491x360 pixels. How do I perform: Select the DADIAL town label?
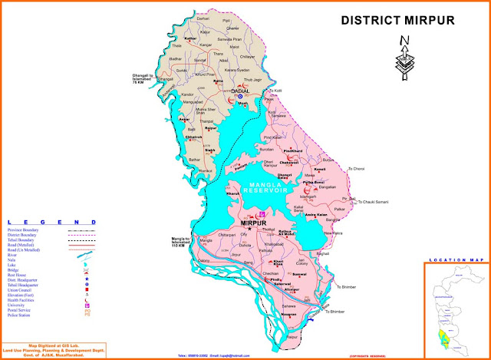click(x=242, y=91)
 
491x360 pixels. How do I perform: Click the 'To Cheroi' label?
click(x=358, y=168)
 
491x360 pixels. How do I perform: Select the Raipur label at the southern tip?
click(x=270, y=335)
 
